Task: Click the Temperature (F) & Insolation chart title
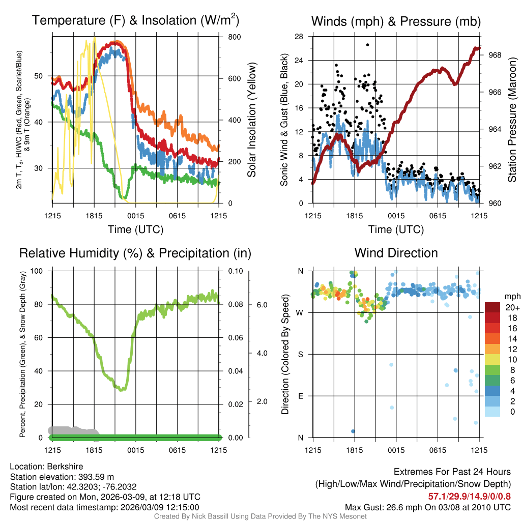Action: point(135,21)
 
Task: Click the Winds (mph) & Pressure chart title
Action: point(396,21)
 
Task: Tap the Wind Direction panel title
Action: point(396,253)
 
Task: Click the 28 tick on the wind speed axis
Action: point(300,37)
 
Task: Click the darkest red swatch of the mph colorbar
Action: point(493,308)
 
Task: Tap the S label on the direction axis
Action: point(301,354)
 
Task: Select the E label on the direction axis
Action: point(301,396)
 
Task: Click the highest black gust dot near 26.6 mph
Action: point(367,45)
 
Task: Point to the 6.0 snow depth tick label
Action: point(261,305)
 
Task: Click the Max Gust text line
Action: point(428,507)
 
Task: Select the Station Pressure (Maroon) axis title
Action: point(512,120)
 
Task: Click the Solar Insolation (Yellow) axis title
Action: point(252,120)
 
